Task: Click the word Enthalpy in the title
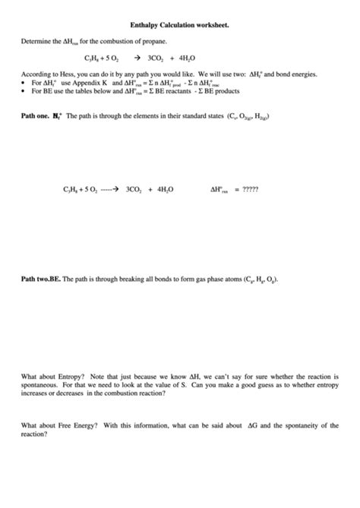click(145, 25)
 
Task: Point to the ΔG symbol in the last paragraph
click(253, 426)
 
